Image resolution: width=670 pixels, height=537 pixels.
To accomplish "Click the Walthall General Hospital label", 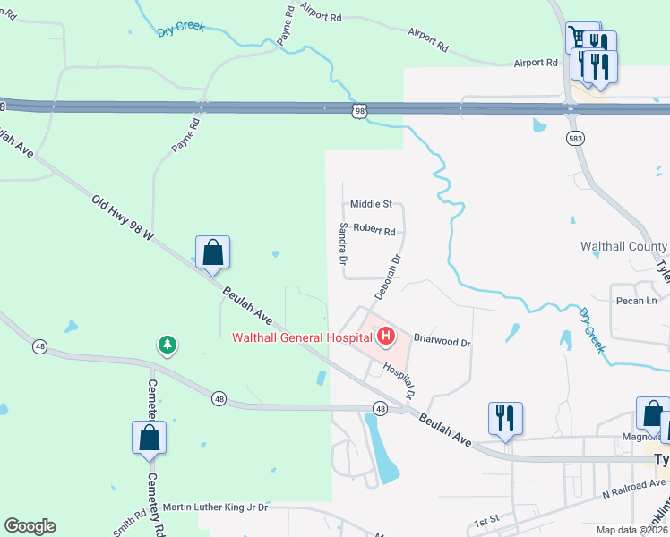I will [302, 337].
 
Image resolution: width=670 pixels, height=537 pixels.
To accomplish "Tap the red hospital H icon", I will [386, 337].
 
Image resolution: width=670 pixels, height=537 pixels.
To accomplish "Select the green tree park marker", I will [166, 345].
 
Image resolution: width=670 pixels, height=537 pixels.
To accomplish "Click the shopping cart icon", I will [582, 37].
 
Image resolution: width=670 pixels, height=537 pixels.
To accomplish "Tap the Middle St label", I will [371, 204].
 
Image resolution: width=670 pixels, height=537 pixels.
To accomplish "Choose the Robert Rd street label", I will [374, 230].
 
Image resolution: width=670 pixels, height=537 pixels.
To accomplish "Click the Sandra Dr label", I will [342, 244].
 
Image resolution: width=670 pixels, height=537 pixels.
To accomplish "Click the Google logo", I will [30, 526].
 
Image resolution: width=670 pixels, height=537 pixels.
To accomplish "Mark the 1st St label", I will [485, 521].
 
